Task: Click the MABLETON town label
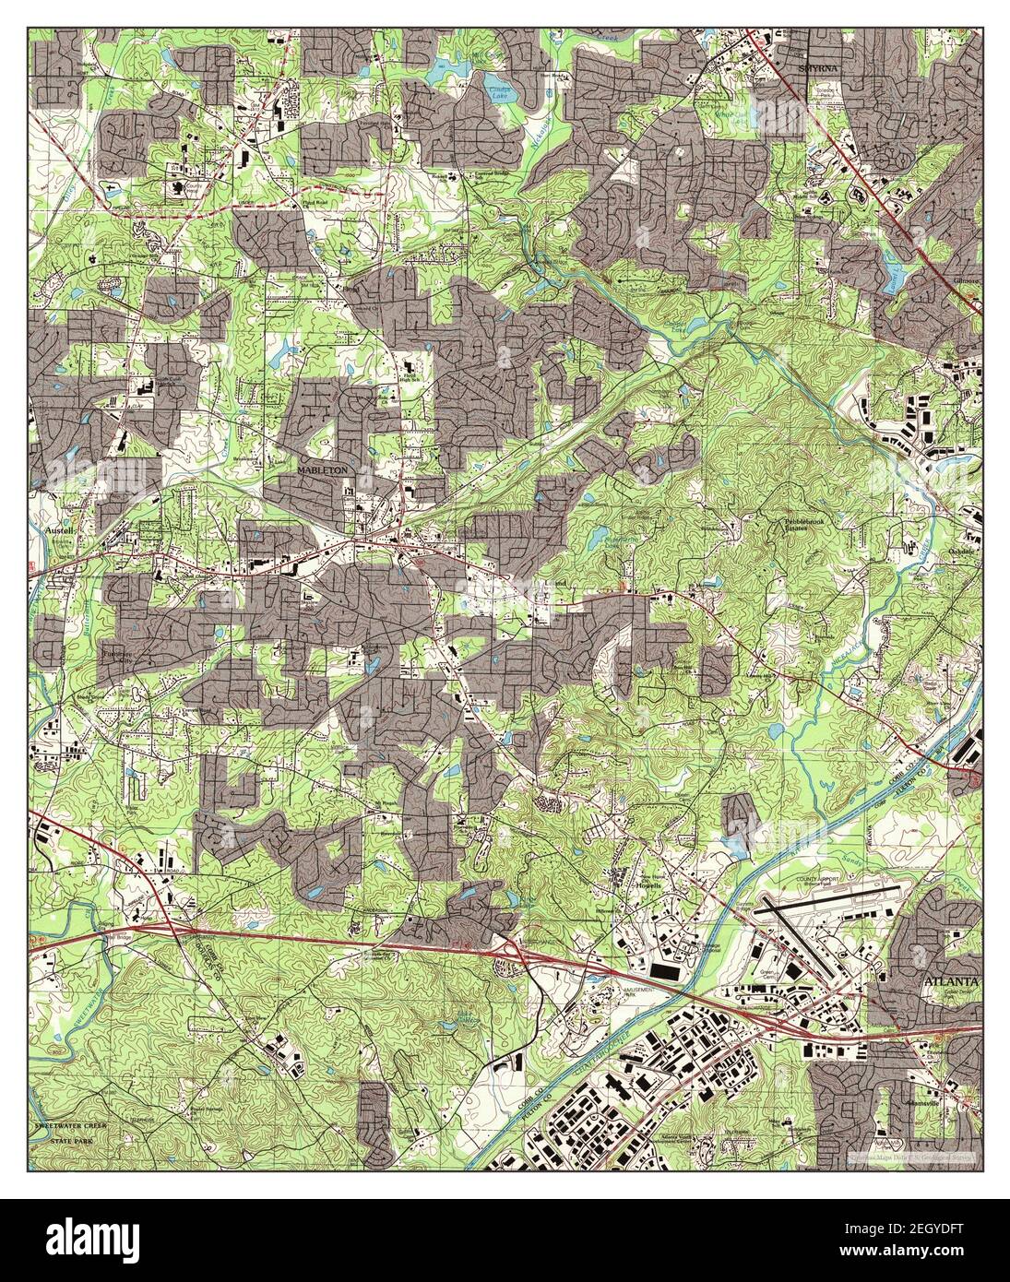(x=322, y=470)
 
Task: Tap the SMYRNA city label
(x=818, y=42)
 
